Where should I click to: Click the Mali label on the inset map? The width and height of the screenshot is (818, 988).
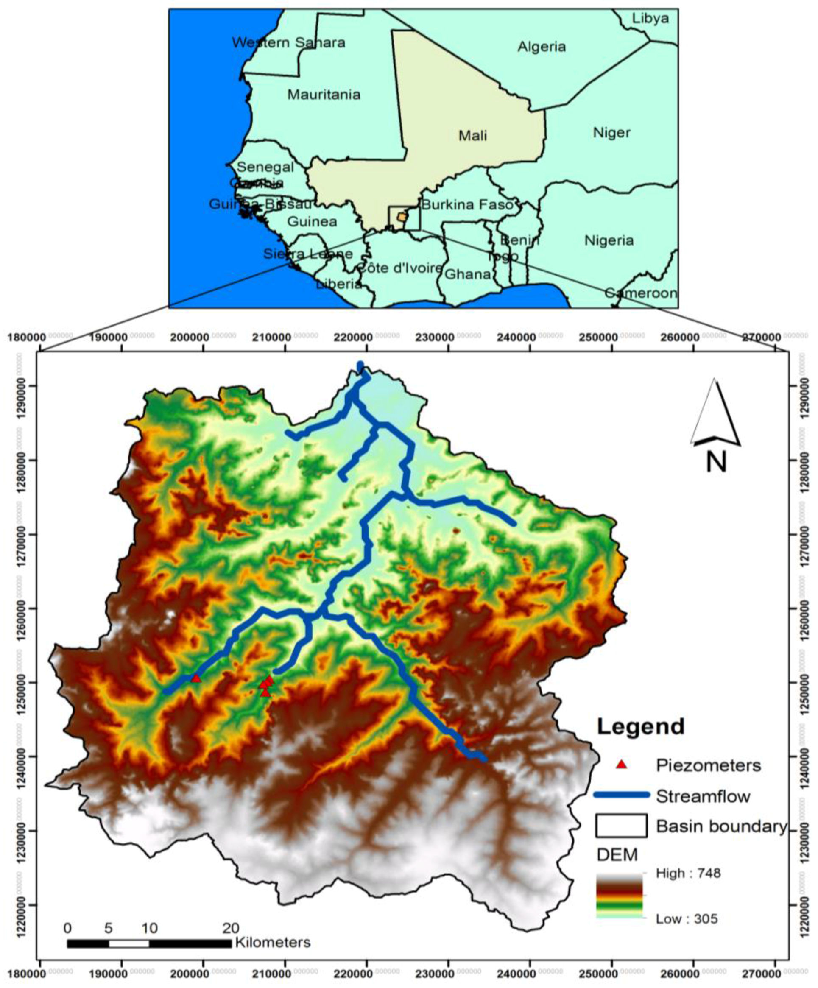point(472,136)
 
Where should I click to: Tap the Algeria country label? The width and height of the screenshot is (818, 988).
point(542,47)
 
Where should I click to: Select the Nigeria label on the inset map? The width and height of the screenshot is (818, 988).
point(609,240)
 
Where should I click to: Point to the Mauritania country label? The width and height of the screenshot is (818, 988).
point(324,95)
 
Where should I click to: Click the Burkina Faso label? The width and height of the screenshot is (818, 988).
point(467,205)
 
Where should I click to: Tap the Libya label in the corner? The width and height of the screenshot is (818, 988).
point(650,18)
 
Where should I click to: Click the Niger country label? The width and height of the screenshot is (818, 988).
point(611,132)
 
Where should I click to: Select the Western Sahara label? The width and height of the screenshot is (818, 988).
point(288,43)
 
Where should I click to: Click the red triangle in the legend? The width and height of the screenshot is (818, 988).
point(622,765)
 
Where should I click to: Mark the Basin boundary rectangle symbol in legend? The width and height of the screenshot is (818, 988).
point(621,826)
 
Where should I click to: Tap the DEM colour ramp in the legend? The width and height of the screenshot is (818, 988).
point(619,896)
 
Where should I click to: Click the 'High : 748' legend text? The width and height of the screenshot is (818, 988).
point(688,874)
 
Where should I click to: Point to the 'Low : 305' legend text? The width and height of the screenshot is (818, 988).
point(687,918)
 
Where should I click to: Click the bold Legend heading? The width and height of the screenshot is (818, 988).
point(641,727)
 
